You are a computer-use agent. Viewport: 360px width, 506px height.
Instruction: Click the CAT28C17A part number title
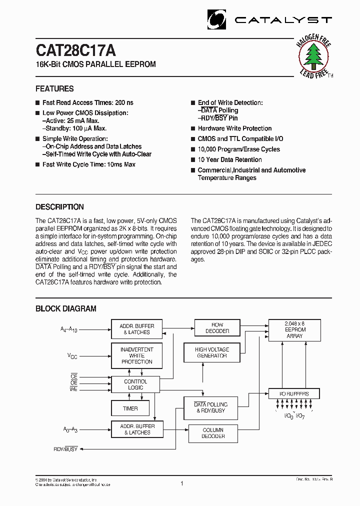(75, 50)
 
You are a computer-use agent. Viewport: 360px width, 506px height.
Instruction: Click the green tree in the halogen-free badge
(313, 57)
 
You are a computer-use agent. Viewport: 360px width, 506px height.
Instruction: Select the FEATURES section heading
(54, 89)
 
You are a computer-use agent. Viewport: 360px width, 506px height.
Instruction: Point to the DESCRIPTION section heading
(59, 207)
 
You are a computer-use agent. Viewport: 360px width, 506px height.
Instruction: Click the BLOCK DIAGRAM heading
(65, 309)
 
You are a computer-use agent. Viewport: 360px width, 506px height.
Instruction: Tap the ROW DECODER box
(217, 328)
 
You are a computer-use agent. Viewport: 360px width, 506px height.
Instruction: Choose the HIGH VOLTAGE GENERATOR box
(211, 352)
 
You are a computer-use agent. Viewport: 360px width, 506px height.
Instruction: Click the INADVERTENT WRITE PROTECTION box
(136, 355)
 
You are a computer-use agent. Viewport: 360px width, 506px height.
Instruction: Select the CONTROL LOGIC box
(135, 384)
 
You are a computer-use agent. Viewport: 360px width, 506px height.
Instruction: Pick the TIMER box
(130, 408)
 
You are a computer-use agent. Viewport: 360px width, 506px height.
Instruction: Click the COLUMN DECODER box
(213, 433)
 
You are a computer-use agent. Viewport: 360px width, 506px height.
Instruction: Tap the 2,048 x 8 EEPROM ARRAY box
(294, 330)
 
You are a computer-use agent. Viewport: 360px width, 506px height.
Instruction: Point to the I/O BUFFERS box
(294, 394)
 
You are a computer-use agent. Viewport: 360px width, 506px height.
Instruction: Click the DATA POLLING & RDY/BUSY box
(211, 407)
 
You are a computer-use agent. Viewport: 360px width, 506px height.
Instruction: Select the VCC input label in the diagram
(72, 355)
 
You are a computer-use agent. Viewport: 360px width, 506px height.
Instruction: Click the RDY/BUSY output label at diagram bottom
(65, 449)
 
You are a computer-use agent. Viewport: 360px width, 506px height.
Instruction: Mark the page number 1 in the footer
(182, 483)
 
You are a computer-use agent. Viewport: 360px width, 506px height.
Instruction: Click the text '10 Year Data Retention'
(229, 160)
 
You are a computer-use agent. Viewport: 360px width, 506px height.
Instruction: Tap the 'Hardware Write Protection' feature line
(234, 128)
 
